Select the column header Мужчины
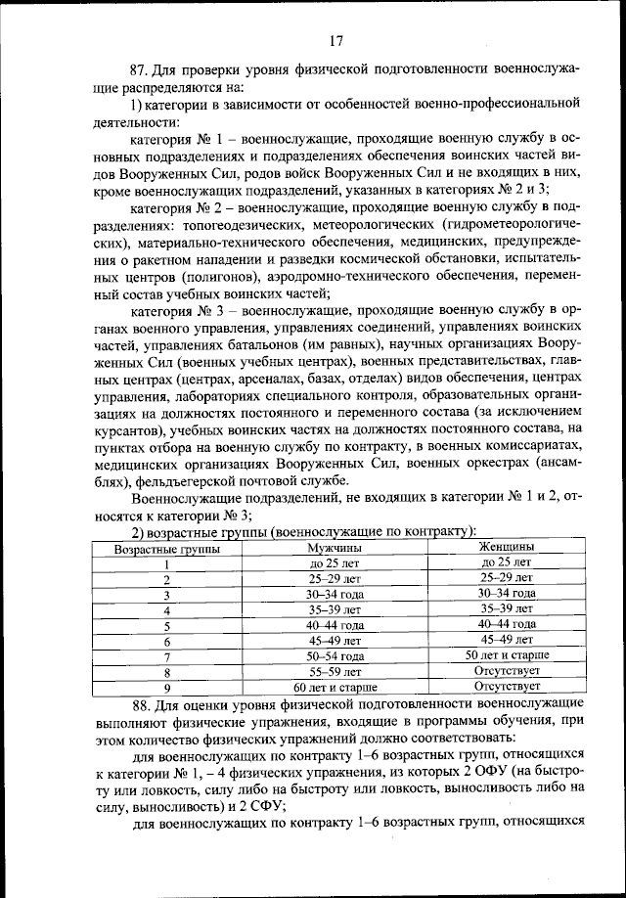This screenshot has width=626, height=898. [335, 548]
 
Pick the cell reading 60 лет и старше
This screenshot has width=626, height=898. [335, 688]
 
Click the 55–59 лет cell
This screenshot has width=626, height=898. [335, 672]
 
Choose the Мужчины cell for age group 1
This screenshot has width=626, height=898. [335, 563]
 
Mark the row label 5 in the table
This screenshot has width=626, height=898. [166, 626]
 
